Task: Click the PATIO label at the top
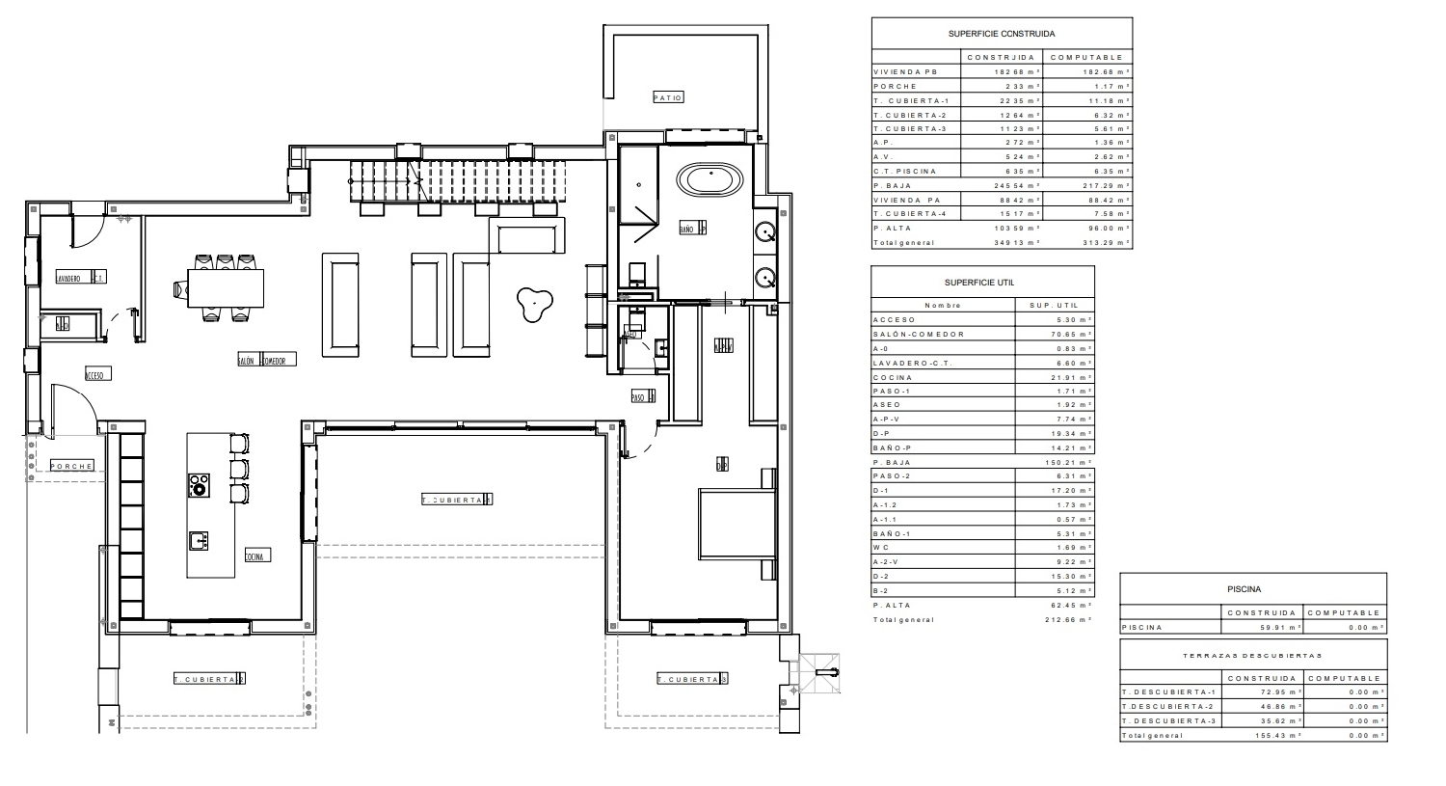tap(667, 97)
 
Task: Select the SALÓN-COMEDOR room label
tap(267, 360)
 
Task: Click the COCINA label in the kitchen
tap(255, 556)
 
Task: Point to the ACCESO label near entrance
tap(95, 374)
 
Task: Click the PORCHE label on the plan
tap(72, 466)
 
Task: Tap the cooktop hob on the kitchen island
tap(199, 484)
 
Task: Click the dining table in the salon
tap(225, 287)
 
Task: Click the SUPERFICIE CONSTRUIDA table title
tap(1002, 34)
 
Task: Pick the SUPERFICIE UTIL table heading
tap(982, 283)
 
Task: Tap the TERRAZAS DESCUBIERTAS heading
tap(1252, 656)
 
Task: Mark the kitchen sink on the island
tap(199, 540)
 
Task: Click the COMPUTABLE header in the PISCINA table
tap(1345, 613)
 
